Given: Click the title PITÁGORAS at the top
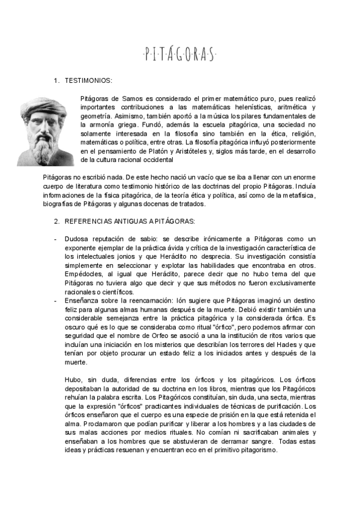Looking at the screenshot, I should pyautogui.click(x=179, y=55).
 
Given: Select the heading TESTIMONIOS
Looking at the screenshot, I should pyautogui.click(x=88, y=80).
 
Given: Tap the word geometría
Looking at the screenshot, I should pyautogui.click(x=94, y=116).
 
